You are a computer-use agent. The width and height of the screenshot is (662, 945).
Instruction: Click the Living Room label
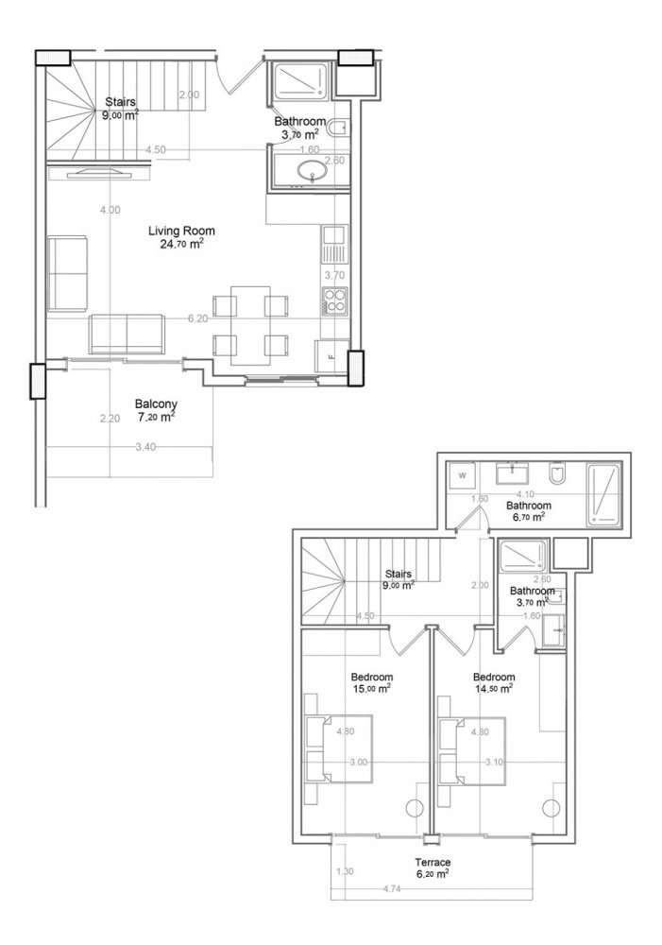pyautogui.click(x=181, y=231)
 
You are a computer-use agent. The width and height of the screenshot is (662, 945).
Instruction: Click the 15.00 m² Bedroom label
pyautogui.click(x=371, y=678)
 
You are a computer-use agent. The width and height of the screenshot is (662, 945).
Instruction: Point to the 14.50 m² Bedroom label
pyautogui.click(x=493, y=678)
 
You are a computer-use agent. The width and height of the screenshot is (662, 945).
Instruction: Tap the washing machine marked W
pyautogui.click(x=463, y=474)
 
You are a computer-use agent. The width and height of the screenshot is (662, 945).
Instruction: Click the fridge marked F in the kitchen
pyautogui.click(x=331, y=356)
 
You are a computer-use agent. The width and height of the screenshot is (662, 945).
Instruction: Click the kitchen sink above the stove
pyautogui.click(x=334, y=245)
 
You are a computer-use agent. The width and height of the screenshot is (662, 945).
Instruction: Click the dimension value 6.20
pyautogui.click(x=197, y=319)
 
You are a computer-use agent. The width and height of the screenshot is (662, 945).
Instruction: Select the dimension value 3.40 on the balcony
pyautogui.click(x=145, y=446)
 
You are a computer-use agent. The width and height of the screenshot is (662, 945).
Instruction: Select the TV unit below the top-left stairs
pyautogui.click(x=98, y=171)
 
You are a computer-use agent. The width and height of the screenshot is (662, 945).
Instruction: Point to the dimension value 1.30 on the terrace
pyautogui.click(x=345, y=871)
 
